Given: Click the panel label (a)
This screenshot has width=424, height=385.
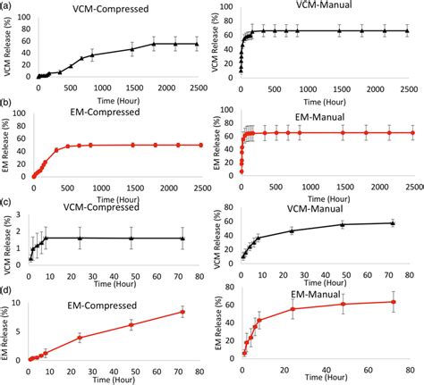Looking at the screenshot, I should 8,7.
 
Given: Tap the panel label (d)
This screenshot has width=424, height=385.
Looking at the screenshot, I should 8,289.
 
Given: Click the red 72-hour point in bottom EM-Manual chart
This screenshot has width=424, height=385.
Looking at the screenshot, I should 393,301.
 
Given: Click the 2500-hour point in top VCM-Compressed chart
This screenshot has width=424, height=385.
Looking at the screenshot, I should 197,43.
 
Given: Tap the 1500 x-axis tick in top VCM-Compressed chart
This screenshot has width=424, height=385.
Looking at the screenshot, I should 133,88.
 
